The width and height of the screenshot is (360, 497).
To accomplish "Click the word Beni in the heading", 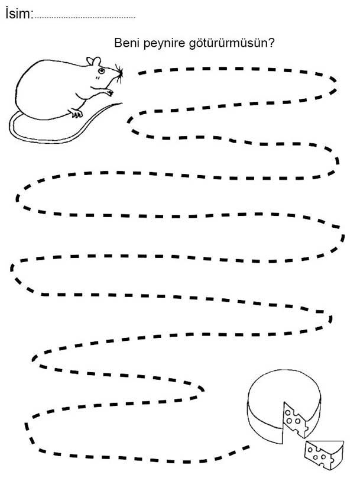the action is (x=127, y=43).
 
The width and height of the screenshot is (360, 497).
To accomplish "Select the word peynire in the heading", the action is (x=164, y=44).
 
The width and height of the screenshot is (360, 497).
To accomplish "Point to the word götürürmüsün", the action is (x=228, y=43).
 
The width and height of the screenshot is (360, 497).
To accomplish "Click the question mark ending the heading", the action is (x=271, y=43).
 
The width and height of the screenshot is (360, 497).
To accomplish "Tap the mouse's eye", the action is (x=101, y=70).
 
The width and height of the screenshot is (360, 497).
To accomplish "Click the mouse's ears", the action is (x=94, y=61).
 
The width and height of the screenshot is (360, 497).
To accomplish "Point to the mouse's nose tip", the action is (x=121, y=73).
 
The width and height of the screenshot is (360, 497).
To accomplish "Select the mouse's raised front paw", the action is (x=108, y=92).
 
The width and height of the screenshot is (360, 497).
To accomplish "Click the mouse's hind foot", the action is (x=76, y=113).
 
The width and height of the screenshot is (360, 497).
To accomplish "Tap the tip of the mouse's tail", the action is (x=122, y=103).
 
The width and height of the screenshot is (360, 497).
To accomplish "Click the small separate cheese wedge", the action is (x=323, y=454).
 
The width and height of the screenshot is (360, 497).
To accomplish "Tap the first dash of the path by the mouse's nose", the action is (x=142, y=73).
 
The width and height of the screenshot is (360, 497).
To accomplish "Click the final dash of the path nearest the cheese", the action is (x=245, y=447).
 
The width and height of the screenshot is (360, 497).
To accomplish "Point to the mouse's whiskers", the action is (x=119, y=73).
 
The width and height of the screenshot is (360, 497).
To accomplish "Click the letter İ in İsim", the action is (x=7, y=13).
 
